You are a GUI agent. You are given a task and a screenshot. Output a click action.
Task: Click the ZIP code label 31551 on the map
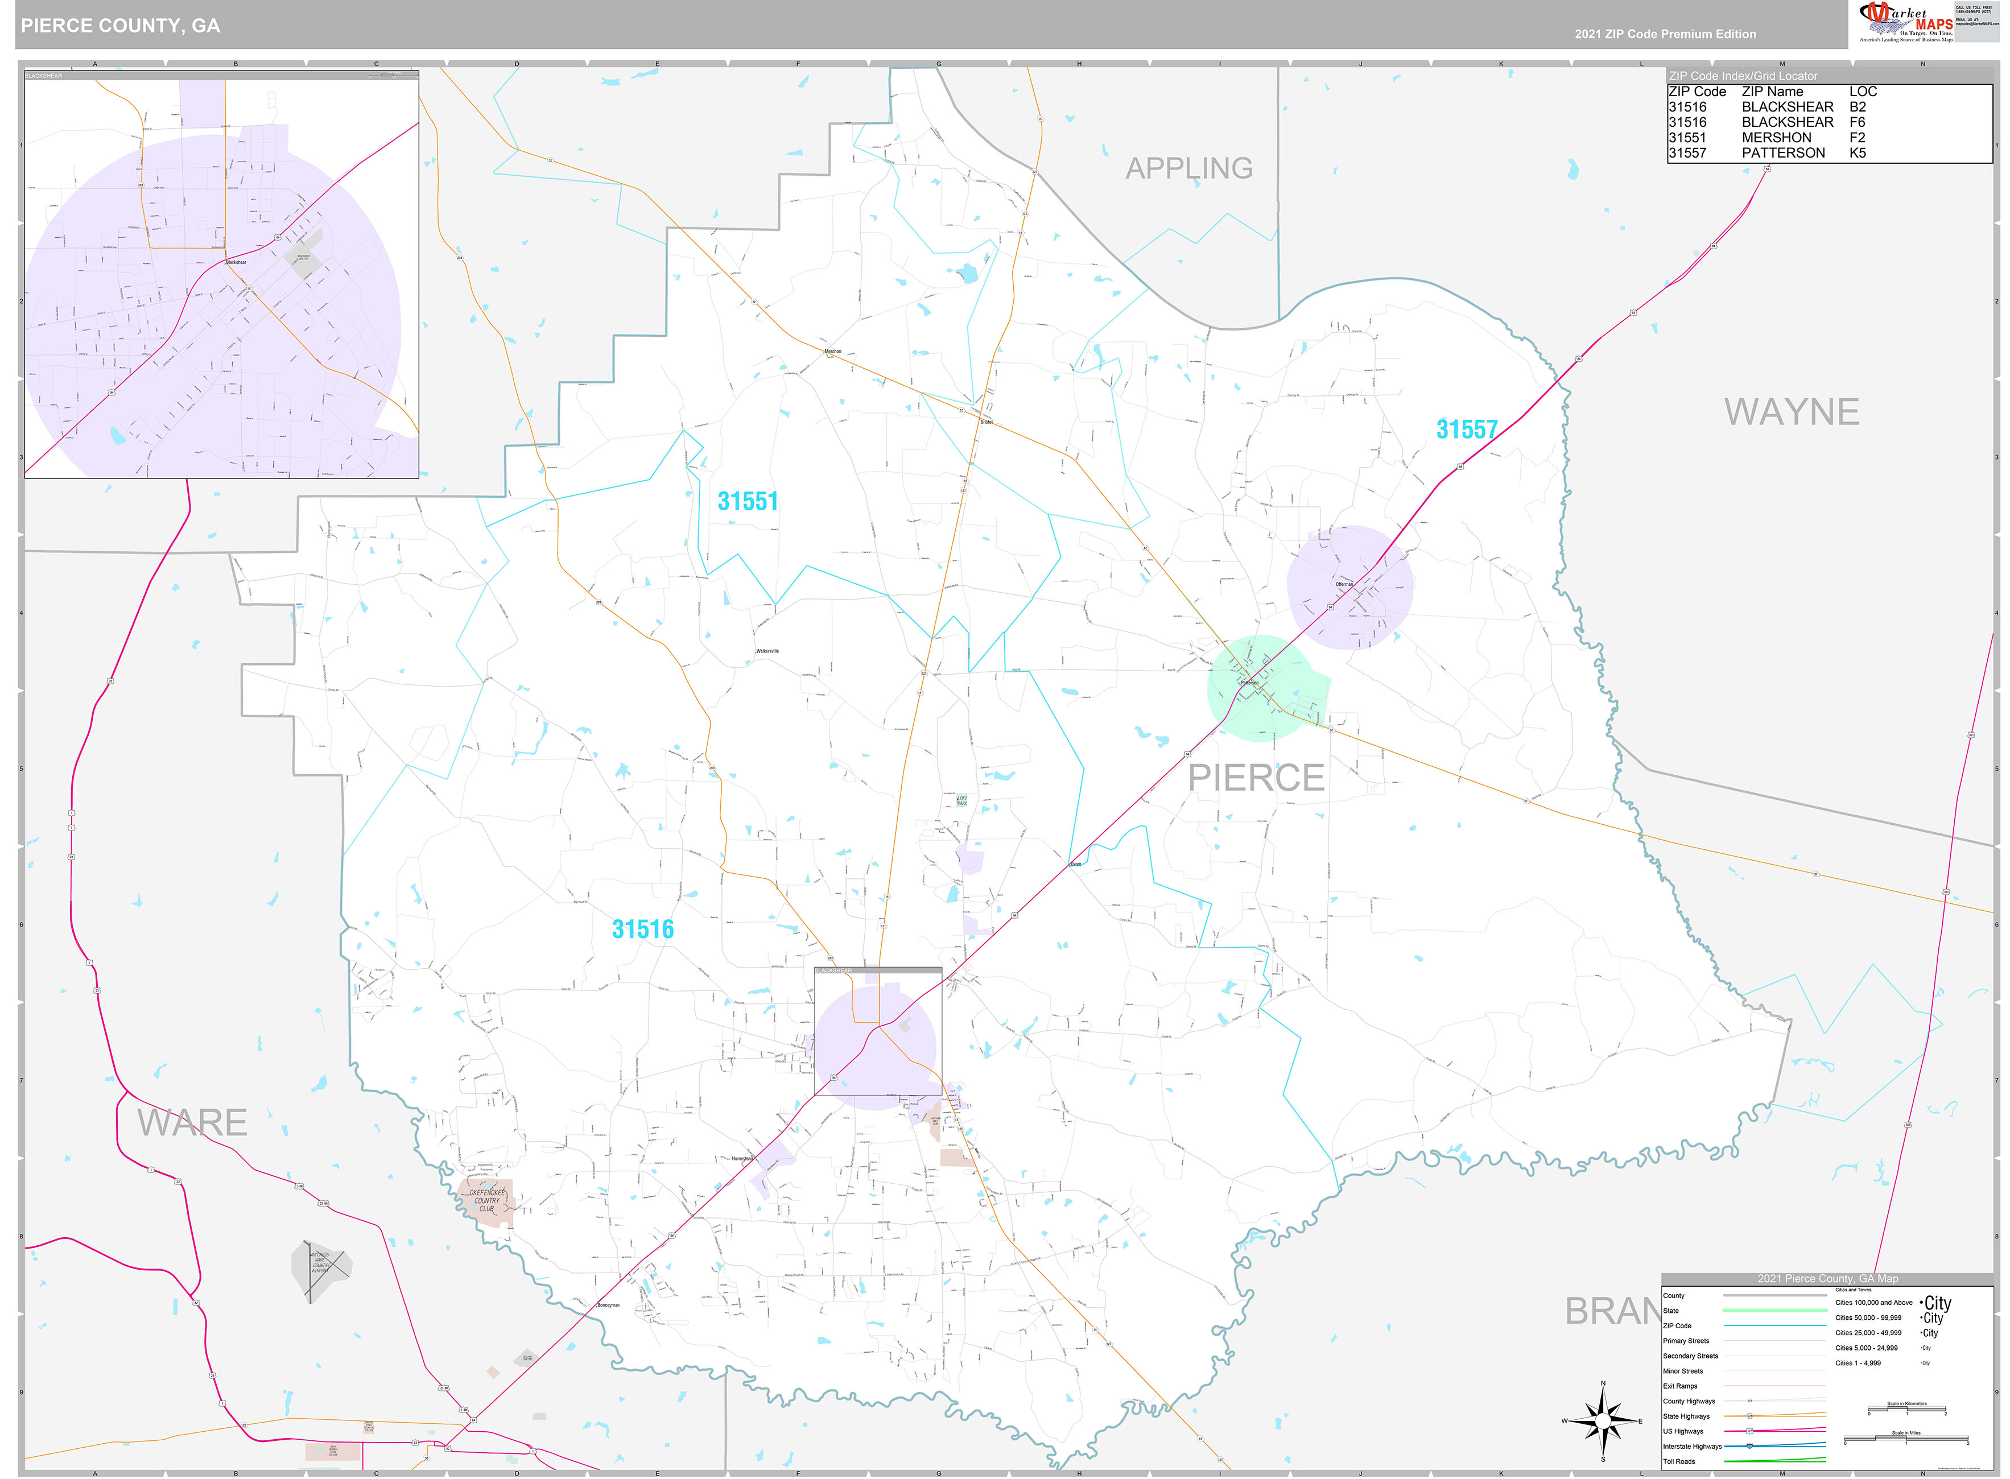pos(748,501)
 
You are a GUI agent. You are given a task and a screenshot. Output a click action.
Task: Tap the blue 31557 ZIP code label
pos(1467,429)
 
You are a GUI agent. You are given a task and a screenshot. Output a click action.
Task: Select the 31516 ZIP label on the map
pos(642,929)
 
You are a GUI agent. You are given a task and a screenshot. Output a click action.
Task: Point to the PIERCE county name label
pos(1255,777)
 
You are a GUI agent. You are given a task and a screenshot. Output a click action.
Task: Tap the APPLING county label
pos(1188,168)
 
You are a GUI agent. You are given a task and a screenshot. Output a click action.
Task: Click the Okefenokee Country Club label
pos(486,1201)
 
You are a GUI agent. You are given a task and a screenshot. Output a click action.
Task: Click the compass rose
pos(1603,1421)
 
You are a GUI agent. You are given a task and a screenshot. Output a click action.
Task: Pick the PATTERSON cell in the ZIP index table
pos(1782,153)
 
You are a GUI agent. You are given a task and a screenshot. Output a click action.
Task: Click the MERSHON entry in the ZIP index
pos(1776,138)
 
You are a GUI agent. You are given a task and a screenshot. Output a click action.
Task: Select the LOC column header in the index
pos(1862,92)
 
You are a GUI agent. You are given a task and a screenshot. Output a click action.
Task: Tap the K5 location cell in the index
pos(1857,153)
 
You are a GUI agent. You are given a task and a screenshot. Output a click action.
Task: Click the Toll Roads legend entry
pos(1679,1461)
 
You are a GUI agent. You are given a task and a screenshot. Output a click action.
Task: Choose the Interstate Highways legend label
pos(1692,1446)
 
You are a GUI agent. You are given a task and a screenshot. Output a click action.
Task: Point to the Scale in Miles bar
pos(1905,1439)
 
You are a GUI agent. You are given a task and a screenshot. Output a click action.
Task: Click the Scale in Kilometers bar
pos(1906,1410)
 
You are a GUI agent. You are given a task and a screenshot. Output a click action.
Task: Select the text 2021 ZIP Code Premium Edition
pos(1665,34)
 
